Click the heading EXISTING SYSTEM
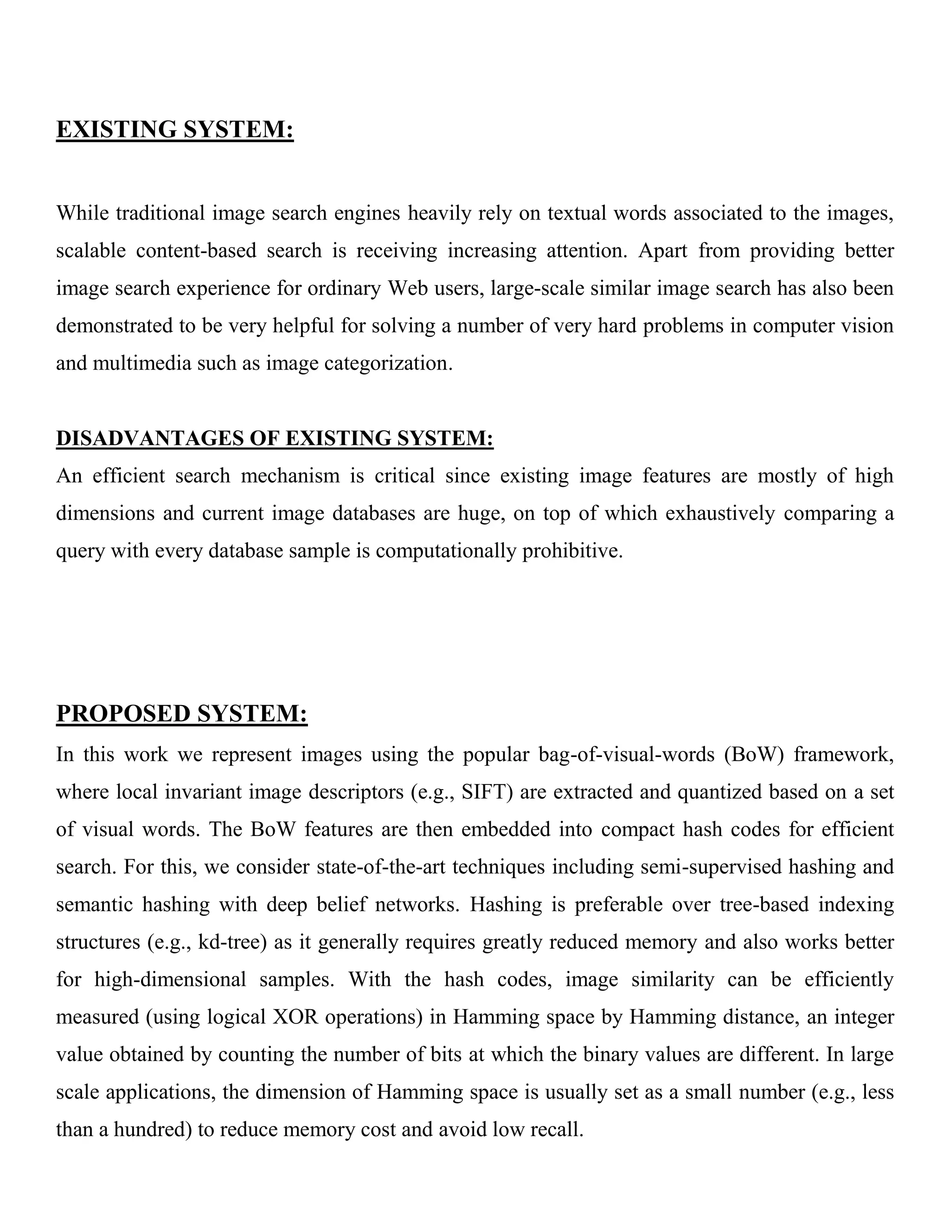coord(174,129)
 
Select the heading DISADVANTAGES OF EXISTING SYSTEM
coord(275,438)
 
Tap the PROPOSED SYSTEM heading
coord(182,713)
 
